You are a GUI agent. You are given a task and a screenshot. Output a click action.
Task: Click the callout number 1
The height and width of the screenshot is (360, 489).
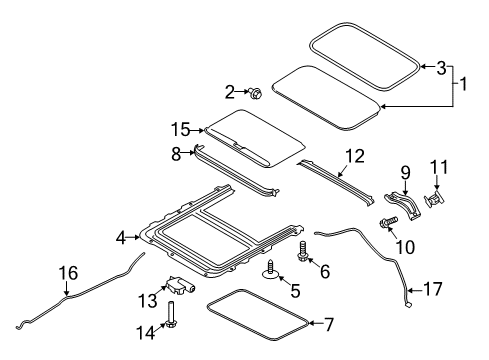[463, 86]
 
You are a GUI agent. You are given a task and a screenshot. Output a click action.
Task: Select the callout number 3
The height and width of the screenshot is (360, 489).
[442, 67]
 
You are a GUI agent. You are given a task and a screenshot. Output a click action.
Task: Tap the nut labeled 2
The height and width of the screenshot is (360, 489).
[255, 94]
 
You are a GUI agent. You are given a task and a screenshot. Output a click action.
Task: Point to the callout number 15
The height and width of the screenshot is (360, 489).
[179, 131]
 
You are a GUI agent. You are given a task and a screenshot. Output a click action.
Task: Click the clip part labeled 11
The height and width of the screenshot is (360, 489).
[437, 199]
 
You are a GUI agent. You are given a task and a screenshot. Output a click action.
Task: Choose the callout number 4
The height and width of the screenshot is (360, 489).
[122, 238]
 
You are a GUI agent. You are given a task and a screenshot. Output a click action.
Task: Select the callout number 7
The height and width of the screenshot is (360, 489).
[320, 323]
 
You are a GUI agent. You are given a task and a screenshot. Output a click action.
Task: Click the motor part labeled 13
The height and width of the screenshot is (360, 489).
[182, 286]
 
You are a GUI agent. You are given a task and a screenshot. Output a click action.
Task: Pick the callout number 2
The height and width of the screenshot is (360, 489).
[230, 92]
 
